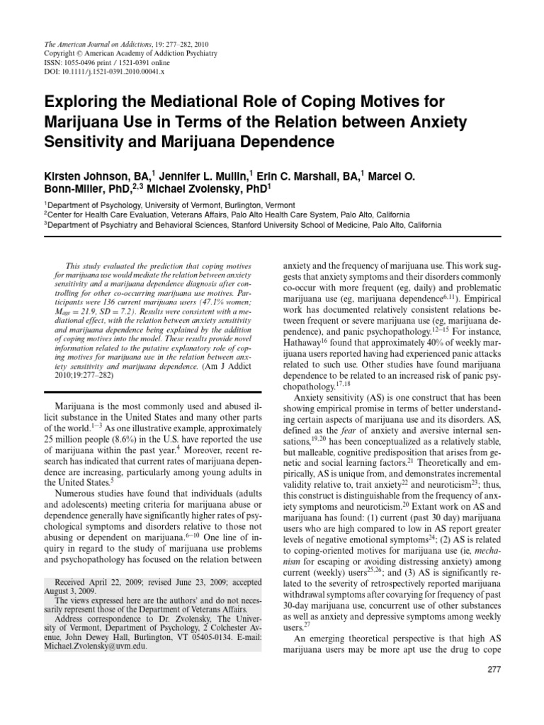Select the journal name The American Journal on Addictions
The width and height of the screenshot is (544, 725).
pyautogui.click(x=84, y=44)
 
